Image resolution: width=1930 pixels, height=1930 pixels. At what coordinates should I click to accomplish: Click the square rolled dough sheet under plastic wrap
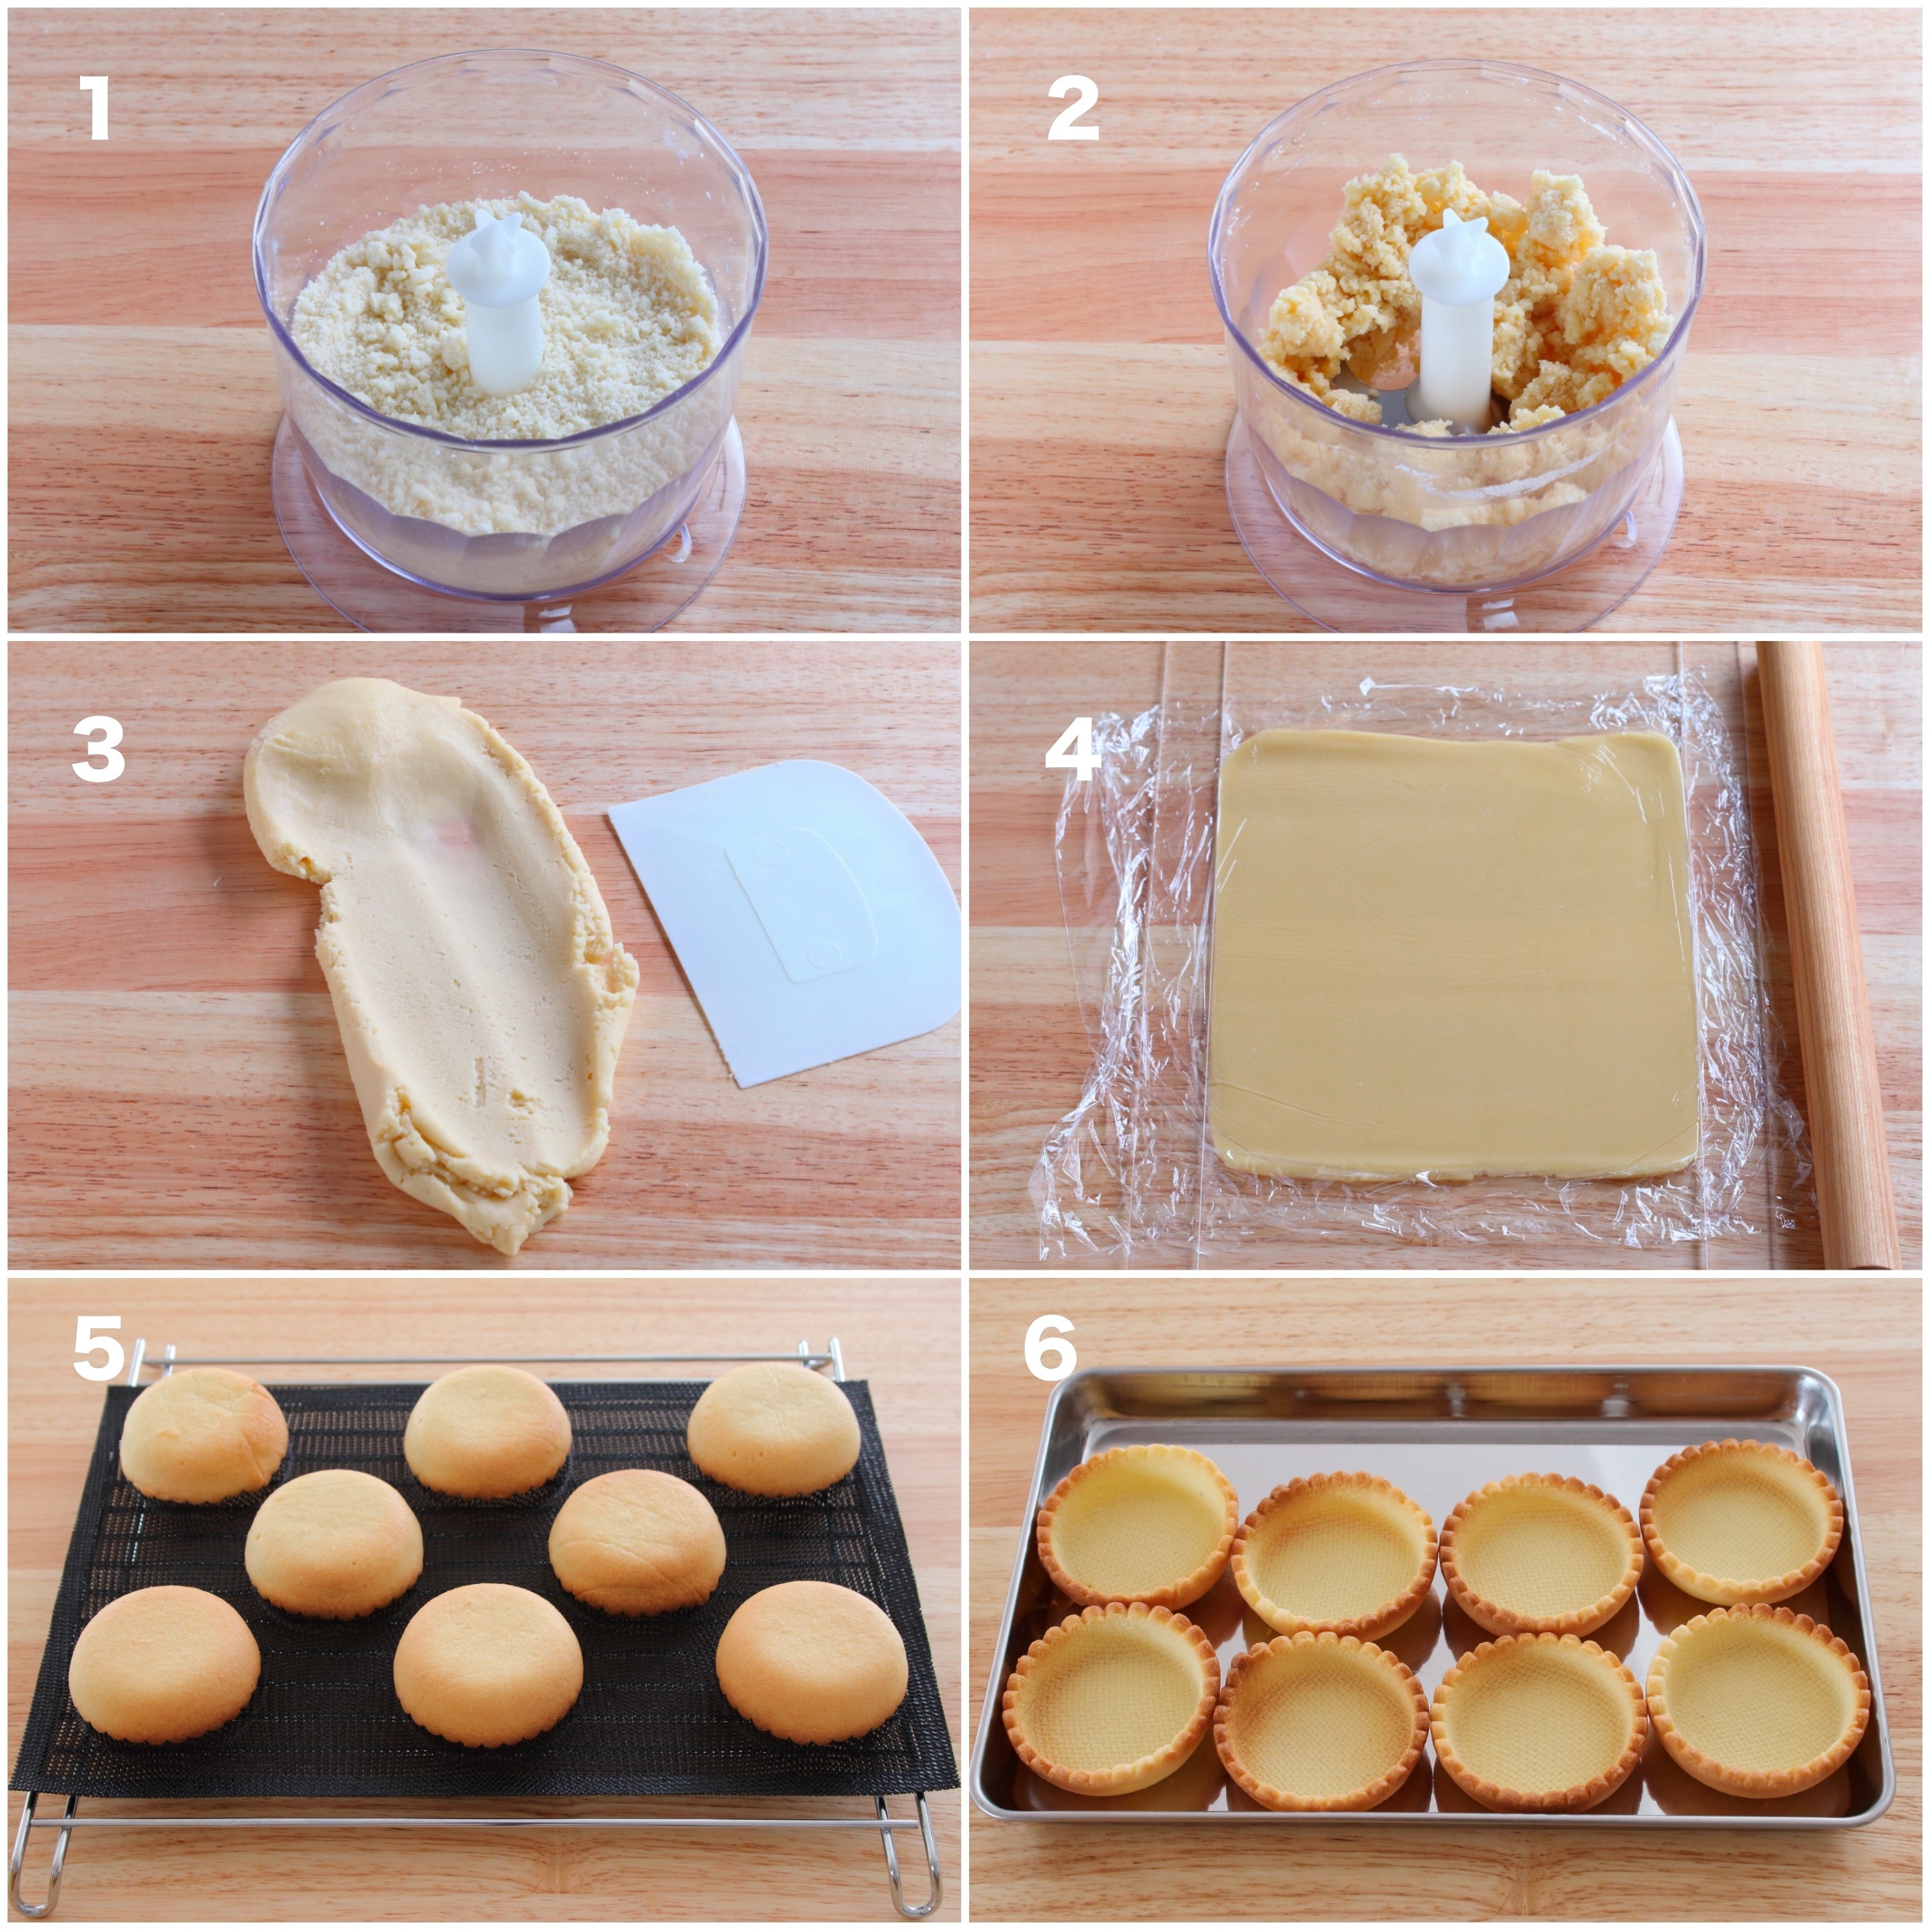(1454, 953)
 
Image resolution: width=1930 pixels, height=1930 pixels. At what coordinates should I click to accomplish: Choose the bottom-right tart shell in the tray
(1759, 1699)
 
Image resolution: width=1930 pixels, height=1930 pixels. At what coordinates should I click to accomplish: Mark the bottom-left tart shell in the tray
(1111, 1698)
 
